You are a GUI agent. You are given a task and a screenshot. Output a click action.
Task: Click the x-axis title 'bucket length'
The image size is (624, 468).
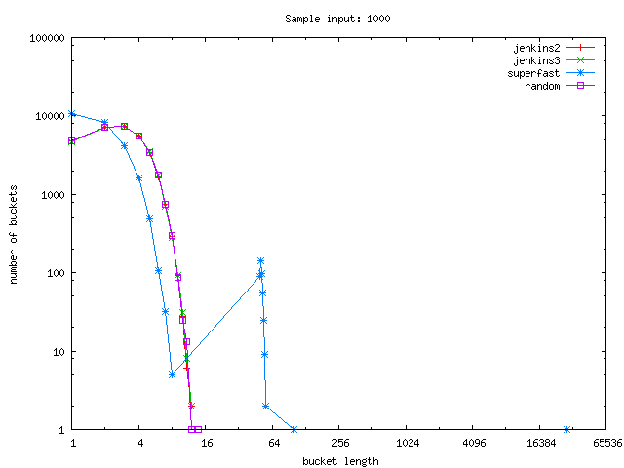340,460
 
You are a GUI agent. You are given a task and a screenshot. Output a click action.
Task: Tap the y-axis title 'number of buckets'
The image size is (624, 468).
15,234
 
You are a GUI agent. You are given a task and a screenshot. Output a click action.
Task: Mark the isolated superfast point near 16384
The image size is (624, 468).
567,430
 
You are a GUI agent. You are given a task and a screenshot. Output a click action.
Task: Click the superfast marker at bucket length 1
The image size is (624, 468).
72,113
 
